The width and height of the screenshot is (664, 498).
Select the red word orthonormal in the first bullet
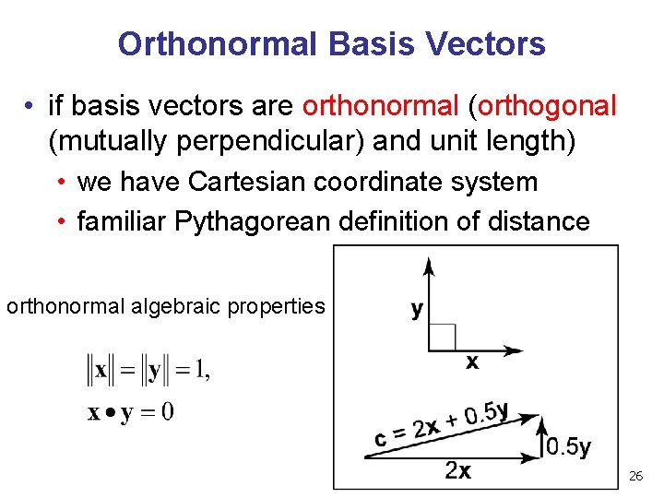[380, 106]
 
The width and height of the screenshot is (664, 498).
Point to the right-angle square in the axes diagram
[442, 338]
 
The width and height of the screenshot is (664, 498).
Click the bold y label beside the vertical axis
[417, 308]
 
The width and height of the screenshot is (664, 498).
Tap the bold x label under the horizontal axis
[471, 363]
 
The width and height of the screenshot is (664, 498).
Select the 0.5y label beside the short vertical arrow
[568, 447]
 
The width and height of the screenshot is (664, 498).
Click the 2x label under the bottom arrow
[458, 470]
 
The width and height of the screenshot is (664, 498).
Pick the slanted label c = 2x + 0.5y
[441, 426]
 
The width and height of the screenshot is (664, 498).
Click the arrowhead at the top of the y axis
[428, 267]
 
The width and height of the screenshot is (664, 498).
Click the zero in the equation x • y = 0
[167, 411]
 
